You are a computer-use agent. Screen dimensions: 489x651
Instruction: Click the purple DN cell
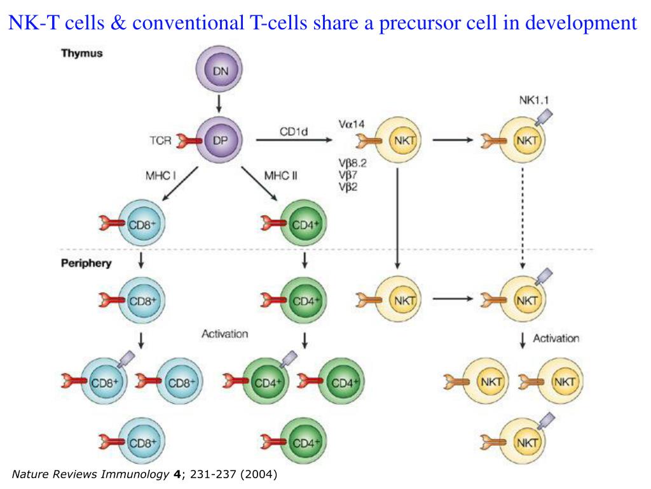coord(218,72)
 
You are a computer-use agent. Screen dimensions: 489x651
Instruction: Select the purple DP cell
coord(218,141)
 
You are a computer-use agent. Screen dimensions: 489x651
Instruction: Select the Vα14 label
coord(352,125)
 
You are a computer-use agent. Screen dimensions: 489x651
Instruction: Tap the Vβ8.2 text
coord(356,163)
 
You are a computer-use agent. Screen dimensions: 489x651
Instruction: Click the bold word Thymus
coord(81,54)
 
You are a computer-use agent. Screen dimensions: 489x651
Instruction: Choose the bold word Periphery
coord(86,263)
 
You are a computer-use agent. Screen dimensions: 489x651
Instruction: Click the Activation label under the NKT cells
coord(556,339)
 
